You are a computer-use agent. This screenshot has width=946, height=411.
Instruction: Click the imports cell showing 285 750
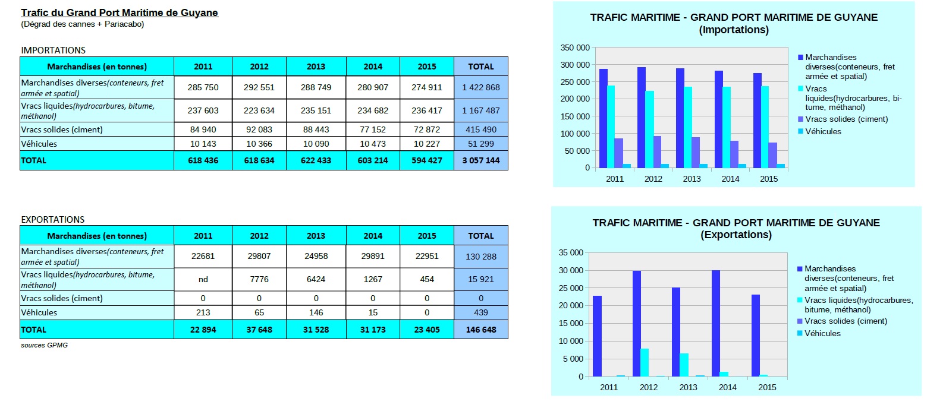click(203, 87)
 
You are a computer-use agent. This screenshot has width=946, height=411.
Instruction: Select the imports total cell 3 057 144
click(480, 160)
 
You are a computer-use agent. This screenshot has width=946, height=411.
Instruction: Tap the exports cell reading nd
click(203, 279)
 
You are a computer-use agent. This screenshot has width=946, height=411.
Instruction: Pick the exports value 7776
click(259, 279)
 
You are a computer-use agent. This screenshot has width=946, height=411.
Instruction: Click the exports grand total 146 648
click(480, 330)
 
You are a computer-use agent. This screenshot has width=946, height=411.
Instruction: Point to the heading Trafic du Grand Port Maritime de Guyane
click(120, 12)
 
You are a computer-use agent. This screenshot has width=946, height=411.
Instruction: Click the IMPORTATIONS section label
click(53, 50)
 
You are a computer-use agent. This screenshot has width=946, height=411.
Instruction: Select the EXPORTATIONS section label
click(53, 220)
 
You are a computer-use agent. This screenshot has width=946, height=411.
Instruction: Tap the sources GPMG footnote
click(44, 345)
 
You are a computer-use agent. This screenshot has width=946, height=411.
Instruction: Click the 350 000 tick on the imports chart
click(575, 48)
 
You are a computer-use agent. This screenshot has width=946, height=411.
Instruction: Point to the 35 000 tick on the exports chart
click(571, 252)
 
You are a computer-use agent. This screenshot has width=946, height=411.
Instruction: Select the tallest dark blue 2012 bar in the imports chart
click(641, 118)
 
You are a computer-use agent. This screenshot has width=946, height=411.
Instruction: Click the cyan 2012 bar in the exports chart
click(645, 362)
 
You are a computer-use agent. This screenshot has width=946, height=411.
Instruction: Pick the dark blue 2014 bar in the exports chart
click(716, 324)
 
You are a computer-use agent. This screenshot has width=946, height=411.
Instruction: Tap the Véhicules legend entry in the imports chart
click(823, 131)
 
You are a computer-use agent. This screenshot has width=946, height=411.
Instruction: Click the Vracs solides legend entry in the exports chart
click(846, 321)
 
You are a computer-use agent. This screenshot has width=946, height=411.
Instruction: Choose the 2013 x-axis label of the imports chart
click(692, 179)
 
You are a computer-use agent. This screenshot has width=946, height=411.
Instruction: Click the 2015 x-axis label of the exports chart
click(767, 387)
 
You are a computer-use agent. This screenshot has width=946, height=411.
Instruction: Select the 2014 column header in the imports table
click(373, 67)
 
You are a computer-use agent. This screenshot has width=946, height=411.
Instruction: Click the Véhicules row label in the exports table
click(39, 312)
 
